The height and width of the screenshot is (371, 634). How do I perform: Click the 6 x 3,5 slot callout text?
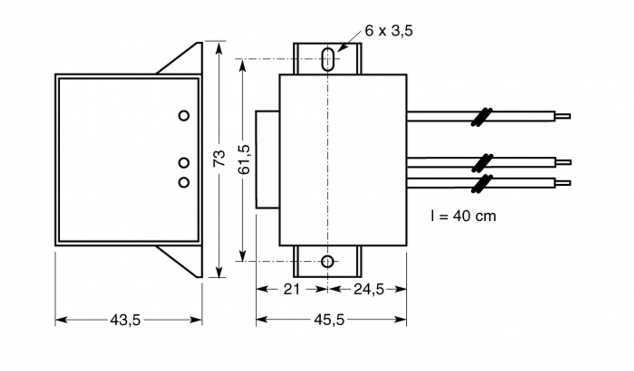(x=389, y=31)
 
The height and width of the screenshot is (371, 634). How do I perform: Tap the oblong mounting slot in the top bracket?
(x=328, y=60)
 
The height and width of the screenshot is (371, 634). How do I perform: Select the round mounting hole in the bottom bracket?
(x=328, y=261)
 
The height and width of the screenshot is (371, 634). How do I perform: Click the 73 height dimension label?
(x=219, y=158)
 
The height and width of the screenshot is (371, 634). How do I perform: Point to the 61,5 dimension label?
(x=244, y=159)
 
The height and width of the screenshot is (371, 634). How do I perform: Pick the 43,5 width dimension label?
(x=125, y=320)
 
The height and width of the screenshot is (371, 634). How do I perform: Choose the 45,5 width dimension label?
(x=329, y=320)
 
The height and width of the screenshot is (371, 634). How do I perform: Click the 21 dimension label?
(x=292, y=289)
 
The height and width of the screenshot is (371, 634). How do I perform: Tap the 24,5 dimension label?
(x=369, y=289)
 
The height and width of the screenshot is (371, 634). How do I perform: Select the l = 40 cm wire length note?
(x=464, y=216)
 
